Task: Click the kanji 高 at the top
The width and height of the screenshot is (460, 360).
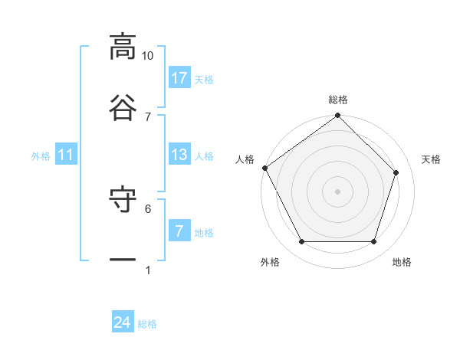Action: [x=123, y=47]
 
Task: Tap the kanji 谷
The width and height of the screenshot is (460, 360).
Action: [x=123, y=106]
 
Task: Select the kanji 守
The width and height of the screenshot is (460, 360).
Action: [x=123, y=201]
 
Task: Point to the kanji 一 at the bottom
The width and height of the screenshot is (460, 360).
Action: [x=123, y=260]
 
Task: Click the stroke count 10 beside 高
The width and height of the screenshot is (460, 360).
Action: [x=147, y=56]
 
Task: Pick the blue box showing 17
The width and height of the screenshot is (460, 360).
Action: [x=179, y=77]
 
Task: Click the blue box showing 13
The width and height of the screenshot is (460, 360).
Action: [x=179, y=155]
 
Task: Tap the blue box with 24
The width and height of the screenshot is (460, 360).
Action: [x=123, y=322]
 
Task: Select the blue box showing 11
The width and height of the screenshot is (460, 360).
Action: [x=66, y=155]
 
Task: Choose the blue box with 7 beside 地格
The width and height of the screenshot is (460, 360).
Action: [x=179, y=231]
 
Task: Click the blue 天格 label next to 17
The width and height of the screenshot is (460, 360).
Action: [x=203, y=79]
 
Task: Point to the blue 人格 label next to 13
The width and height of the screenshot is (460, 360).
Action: [x=203, y=155]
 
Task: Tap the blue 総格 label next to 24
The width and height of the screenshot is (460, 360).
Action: [x=147, y=324]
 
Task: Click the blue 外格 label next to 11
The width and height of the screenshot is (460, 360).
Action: [x=41, y=155]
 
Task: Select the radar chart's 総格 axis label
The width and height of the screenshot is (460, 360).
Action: [x=338, y=100]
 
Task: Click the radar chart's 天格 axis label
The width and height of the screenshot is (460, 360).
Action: [x=431, y=159]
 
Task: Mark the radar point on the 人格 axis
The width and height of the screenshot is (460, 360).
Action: [x=265, y=168]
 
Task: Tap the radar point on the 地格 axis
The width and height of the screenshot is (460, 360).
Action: [x=373, y=242]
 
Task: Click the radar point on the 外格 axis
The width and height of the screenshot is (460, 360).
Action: [x=301, y=242]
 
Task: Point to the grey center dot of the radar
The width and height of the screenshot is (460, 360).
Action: [x=337, y=191]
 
